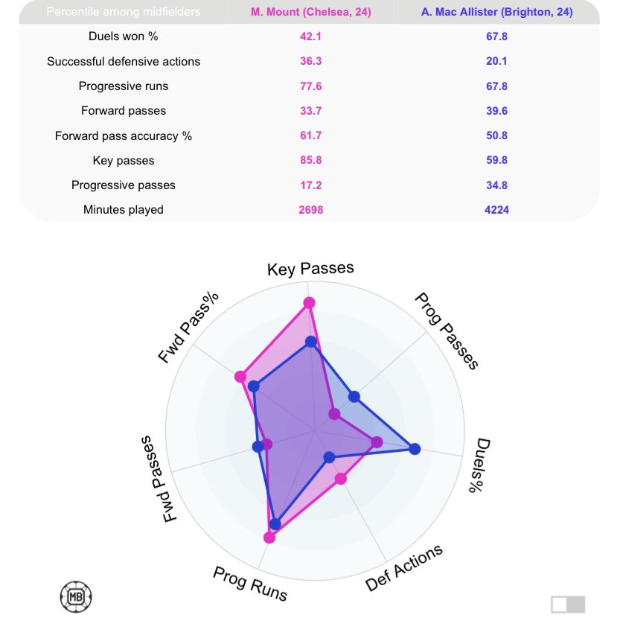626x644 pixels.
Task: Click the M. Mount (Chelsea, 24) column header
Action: click(310, 12)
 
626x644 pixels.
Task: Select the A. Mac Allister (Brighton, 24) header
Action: click(496, 12)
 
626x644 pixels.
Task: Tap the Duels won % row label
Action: click(124, 36)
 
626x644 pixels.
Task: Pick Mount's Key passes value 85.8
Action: click(310, 160)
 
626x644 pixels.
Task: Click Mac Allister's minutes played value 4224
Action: click(496, 210)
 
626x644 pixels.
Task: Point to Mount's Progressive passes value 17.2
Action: click(310, 185)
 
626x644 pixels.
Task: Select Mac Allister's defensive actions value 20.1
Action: click(496, 61)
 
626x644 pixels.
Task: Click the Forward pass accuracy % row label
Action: click(124, 136)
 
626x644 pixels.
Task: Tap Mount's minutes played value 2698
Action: click(310, 210)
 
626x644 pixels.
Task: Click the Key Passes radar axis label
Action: click(310, 269)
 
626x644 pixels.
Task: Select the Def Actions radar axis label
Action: click(404, 568)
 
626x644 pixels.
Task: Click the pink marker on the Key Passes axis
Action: click(309, 302)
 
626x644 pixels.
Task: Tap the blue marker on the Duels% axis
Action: click(415, 448)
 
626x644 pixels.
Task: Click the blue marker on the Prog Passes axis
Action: click(354, 397)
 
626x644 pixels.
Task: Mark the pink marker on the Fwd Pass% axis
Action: click(240, 377)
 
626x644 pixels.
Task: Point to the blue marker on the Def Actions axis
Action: click(329, 456)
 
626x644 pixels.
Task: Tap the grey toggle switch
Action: click(568, 605)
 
